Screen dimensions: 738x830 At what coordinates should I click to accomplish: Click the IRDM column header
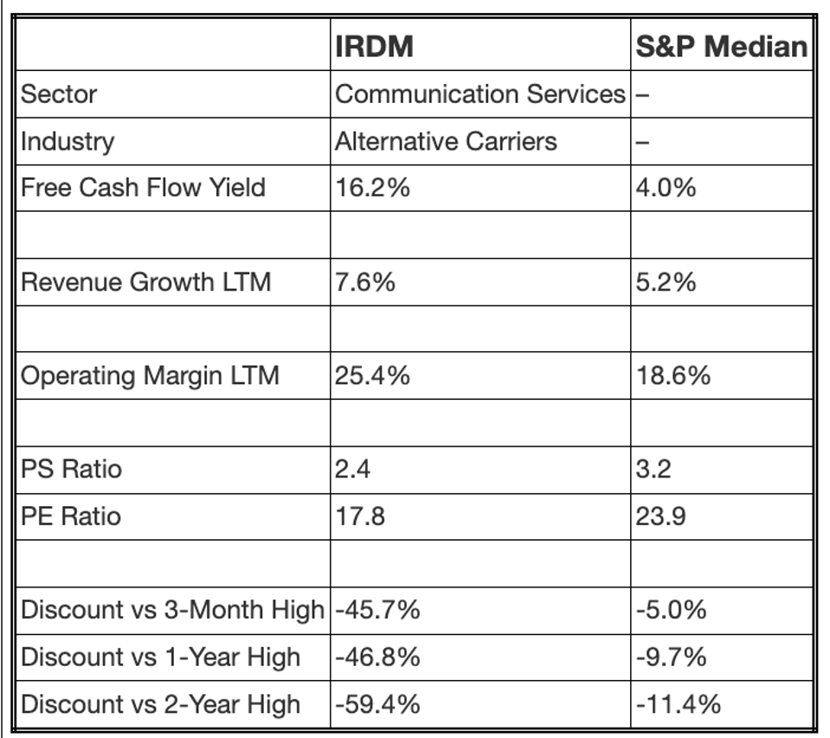point(374,47)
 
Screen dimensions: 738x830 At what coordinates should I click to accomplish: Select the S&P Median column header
point(721,47)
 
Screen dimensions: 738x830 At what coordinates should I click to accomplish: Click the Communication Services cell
point(479,93)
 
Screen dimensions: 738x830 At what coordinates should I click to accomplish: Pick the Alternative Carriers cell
point(446,140)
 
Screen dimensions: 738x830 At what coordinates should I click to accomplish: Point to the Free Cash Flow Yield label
point(143,187)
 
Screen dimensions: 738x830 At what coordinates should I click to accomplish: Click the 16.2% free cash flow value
point(372,187)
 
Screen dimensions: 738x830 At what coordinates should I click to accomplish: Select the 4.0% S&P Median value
point(666,187)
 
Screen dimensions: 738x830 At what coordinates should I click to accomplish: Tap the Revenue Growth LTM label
point(145,281)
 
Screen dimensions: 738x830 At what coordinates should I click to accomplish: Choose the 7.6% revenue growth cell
point(365,281)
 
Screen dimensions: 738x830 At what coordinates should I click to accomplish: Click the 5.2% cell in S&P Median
point(666,281)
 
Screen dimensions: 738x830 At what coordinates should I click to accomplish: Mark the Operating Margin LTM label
point(150,375)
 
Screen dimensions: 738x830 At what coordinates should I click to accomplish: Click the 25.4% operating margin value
point(372,375)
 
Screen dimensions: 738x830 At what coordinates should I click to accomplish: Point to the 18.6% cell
point(672,375)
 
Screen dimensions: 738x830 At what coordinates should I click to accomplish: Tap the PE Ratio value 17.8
point(359,517)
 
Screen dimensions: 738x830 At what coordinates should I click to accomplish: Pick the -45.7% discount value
point(377,610)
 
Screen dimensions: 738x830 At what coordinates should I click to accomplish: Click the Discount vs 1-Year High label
point(160,657)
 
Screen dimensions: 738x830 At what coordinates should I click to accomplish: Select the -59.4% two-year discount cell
point(377,703)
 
